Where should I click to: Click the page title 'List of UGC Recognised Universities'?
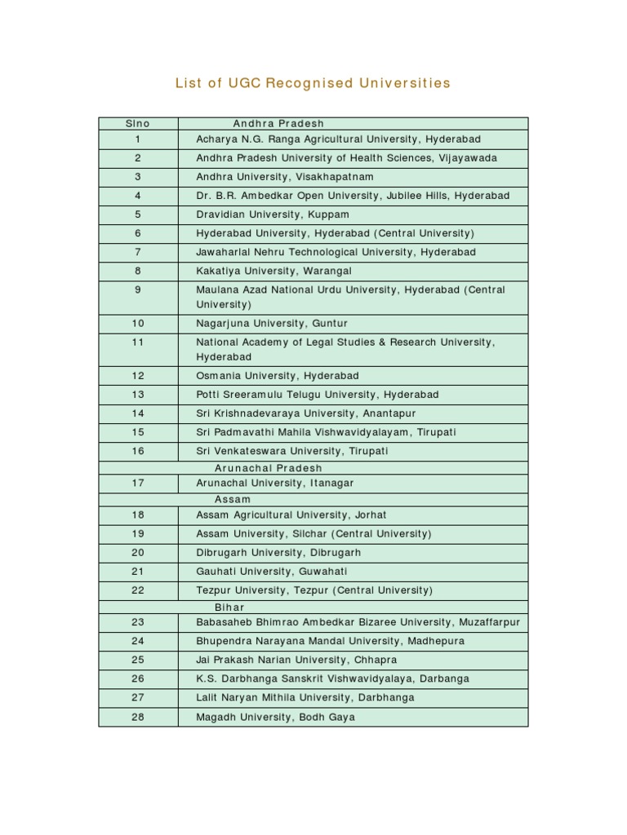(x=313, y=83)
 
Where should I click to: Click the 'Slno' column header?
(x=138, y=124)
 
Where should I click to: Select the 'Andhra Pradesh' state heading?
(x=278, y=124)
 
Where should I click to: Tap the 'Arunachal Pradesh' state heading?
(x=268, y=468)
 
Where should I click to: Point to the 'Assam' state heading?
(x=233, y=499)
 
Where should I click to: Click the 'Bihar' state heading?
(x=229, y=607)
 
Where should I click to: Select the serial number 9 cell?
(x=138, y=289)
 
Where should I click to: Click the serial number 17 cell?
(x=138, y=483)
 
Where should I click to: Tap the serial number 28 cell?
(x=138, y=718)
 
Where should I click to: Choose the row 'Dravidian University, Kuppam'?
(x=273, y=214)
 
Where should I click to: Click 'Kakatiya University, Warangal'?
(x=274, y=271)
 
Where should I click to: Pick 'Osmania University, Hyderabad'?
(x=278, y=376)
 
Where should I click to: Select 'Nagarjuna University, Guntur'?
(x=272, y=324)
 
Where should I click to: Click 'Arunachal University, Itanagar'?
(x=275, y=483)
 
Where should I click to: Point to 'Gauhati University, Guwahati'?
(x=272, y=572)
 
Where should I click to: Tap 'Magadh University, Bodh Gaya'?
(x=276, y=718)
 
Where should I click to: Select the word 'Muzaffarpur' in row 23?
(x=489, y=622)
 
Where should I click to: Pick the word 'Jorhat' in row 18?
(x=369, y=515)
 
